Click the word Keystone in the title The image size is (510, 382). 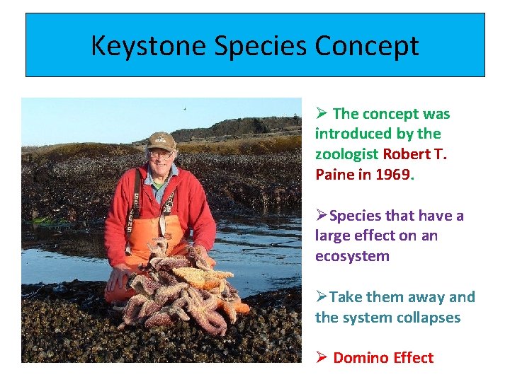[x=147, y=46]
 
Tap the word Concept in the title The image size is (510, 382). [x=367, y=46]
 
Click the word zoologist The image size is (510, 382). [x=346, y=154]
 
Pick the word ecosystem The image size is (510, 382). [x=352, y=255]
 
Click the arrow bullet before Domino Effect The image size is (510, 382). [x=321, y=357]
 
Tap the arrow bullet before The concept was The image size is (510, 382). [x=321, y=113]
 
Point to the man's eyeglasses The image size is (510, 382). [x=160, y=152]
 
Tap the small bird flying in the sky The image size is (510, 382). [x=185, y=109]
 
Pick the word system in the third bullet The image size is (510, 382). [x=368, y=317]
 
